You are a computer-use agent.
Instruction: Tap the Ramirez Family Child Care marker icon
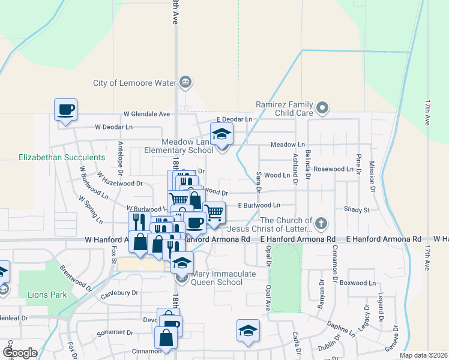coord(323,109)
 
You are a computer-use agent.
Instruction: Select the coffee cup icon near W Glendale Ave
coord(66,110)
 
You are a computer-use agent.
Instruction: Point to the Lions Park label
coord(41,295)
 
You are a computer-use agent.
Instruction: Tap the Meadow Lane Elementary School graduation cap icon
coord(221,134)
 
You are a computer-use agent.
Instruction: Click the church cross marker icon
coord(321,224)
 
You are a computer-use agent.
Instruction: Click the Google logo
coord(20,352)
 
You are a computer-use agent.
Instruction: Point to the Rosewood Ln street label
coord(334,169)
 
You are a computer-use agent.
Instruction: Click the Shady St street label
coord(357,209)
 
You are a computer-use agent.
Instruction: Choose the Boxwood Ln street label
coord(357,283)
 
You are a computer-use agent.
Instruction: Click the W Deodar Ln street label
coord(113,127)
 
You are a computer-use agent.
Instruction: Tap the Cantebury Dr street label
coord(119,293)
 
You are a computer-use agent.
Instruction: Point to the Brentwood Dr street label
coord(74,278)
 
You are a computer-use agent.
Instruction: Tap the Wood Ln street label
coord(277,175)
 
